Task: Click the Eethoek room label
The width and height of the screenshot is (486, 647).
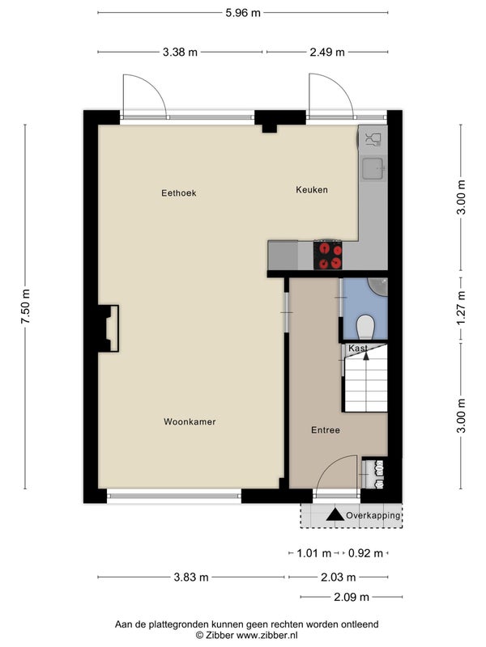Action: click(178, 192)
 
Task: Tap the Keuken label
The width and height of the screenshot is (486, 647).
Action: click(312, 189)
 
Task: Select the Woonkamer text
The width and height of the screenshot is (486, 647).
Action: click(190, 421)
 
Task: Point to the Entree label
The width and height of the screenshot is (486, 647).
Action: click(326, 430)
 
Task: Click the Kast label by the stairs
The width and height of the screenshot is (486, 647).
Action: click(357, 348)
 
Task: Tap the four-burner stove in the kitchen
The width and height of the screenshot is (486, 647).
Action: click(328, 255)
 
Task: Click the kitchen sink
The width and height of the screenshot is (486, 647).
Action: click(373, 169)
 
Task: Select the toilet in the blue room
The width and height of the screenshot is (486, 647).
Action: click(365, 327)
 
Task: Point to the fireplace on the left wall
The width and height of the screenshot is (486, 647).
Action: click(109, 328)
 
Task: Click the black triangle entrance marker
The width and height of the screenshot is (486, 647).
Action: click(335, 514)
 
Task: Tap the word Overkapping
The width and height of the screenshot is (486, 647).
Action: click(373, 515)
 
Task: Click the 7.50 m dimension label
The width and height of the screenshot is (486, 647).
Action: click(26, 307)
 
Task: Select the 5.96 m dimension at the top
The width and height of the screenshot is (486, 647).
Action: click(243, 13)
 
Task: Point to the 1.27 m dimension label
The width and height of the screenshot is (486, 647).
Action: click(461, 307)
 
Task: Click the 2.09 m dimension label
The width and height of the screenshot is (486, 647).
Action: click(352, 597)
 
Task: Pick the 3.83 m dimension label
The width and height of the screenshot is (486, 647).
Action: click(191, 577)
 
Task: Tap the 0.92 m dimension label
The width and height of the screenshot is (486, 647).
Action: click(365, 553)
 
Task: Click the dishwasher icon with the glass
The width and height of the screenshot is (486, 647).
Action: click(373, 139)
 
